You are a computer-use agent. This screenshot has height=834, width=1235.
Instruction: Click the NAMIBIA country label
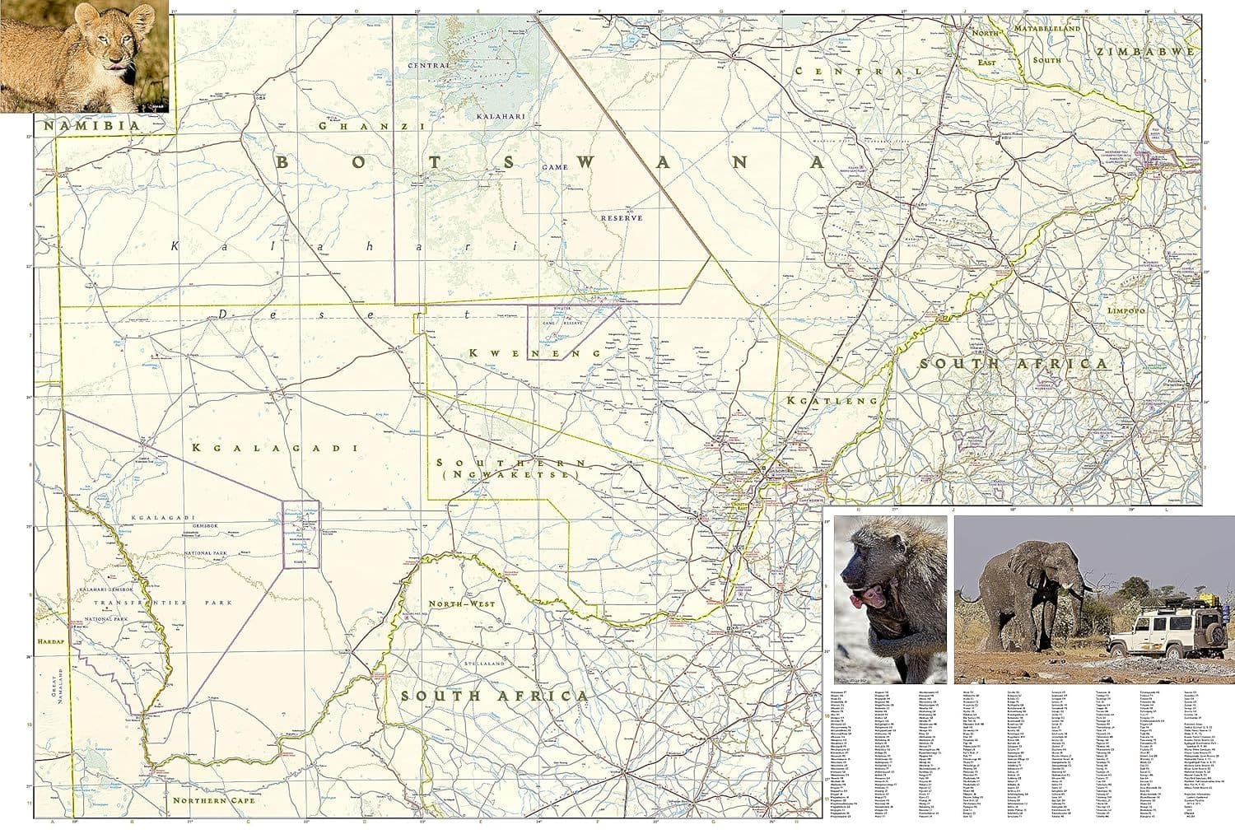pyautogui.click(x=91, y=126)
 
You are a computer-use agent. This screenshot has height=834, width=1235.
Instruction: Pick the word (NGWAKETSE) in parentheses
pyautogui.click(x=510, y=475)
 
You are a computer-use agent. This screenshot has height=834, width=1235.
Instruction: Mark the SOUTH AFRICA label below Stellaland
pyautogui.click(x=494, y=697)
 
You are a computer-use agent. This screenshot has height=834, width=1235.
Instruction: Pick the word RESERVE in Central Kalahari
pyautogui.click(x=621, y=217)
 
